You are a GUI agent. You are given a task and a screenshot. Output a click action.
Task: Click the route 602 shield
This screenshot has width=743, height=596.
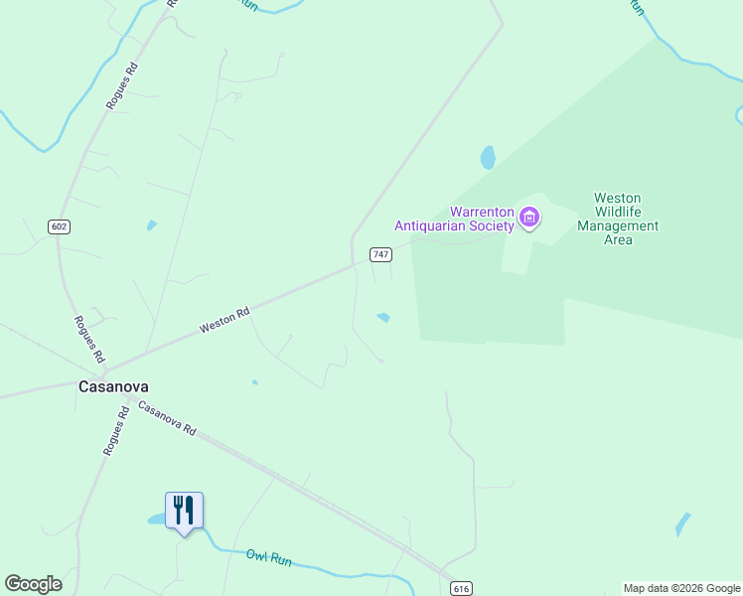[59, 226]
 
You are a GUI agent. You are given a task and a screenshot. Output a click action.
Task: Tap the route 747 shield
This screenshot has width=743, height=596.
[380, 254]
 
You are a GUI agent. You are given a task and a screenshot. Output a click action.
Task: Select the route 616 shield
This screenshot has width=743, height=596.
[460, 588]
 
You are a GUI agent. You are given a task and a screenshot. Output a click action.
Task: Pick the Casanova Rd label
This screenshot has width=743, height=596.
[167, 420]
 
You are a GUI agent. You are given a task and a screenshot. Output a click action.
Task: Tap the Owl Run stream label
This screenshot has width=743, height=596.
[269, 558]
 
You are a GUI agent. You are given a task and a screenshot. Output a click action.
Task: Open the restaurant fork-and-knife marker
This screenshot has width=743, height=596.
[184, 510]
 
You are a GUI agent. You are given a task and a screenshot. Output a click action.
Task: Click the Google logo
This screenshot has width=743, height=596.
[33, 584]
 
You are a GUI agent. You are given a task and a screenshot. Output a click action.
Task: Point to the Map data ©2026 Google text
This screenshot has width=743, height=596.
[682, 588]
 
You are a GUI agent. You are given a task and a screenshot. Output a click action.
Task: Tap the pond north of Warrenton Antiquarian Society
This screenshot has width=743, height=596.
[488, 157]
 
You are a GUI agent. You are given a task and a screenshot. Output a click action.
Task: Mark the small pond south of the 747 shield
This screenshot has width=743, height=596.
[382, 318]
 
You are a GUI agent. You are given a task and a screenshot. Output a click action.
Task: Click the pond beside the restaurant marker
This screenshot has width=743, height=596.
[158, 519]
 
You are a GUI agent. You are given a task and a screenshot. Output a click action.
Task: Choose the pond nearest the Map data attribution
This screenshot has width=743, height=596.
[682, 523]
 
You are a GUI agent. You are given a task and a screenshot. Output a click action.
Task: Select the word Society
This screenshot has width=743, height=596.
[486, 225]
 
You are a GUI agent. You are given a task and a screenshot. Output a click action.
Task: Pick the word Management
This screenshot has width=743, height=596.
[618, 225]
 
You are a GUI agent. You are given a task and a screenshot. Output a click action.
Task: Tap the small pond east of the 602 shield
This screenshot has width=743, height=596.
[151, 224]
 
